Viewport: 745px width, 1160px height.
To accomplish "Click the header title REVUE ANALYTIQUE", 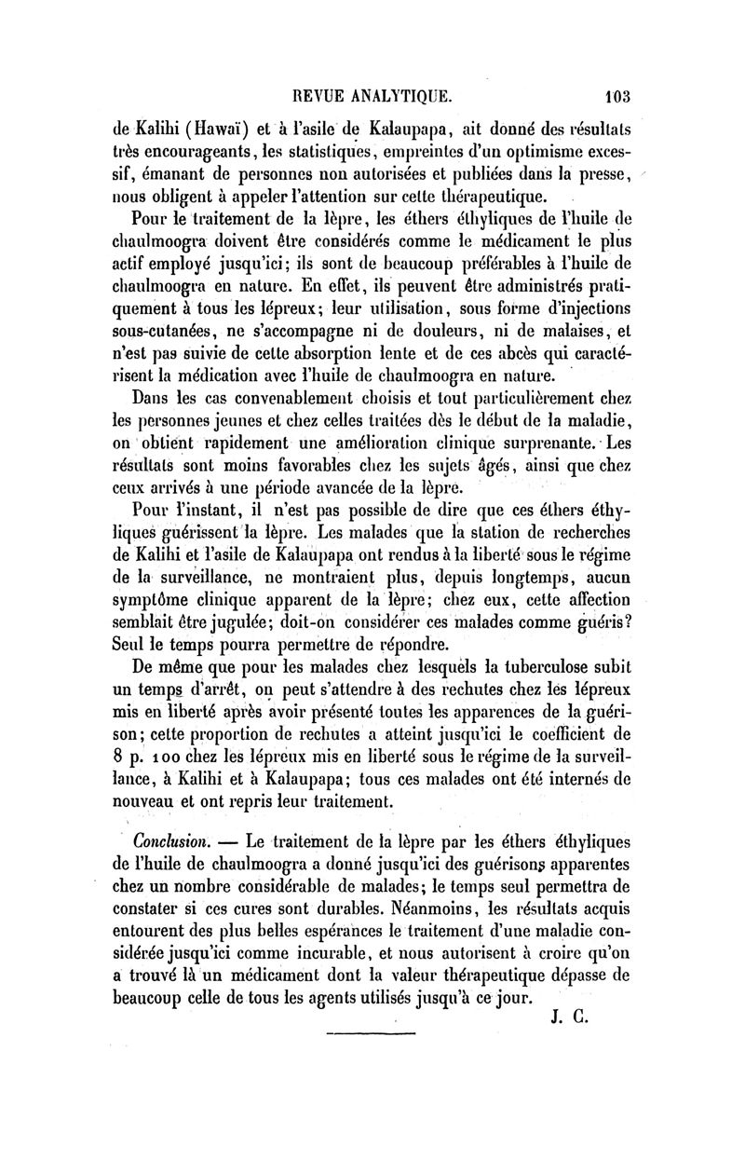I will [x=372, y=94].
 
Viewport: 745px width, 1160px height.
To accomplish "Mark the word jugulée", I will [x=243, y=621].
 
